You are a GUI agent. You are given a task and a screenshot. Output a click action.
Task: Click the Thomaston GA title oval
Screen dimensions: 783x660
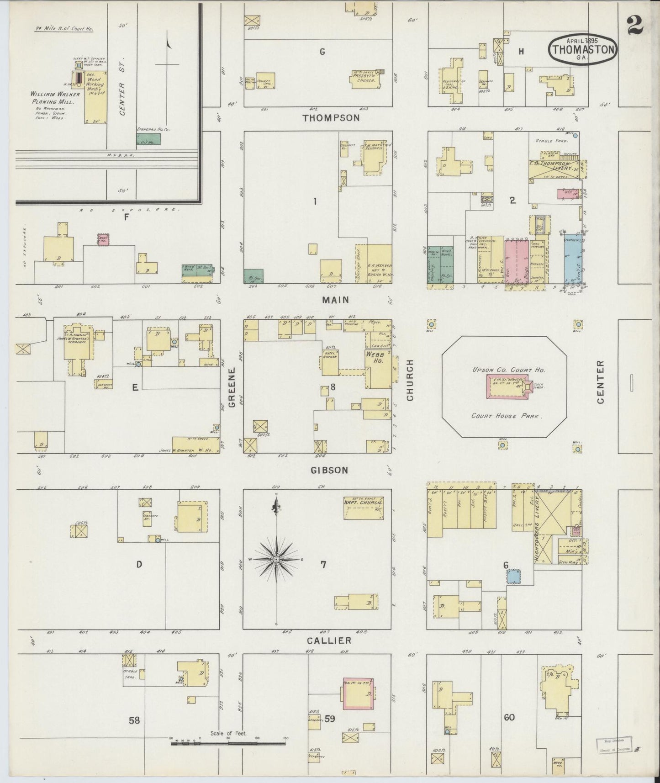pos(583,49)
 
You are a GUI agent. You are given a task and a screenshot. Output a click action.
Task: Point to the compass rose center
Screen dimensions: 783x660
pos(276,559)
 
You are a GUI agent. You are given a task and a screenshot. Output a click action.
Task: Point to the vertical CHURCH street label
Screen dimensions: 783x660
pos(410,380)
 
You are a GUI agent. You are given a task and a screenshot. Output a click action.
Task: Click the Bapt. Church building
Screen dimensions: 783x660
pos(363,508)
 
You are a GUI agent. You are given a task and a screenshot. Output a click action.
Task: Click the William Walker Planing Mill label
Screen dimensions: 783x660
pos(55,97)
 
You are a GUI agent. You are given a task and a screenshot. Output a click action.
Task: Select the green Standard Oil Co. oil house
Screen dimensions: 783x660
pos(148,139)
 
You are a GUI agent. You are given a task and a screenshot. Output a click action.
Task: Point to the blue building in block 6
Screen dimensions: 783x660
pos(513,575)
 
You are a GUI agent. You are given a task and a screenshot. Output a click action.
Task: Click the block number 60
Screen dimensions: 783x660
pos(509,717)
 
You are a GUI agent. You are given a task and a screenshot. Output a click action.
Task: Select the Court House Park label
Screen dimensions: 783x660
pos(507,416)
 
